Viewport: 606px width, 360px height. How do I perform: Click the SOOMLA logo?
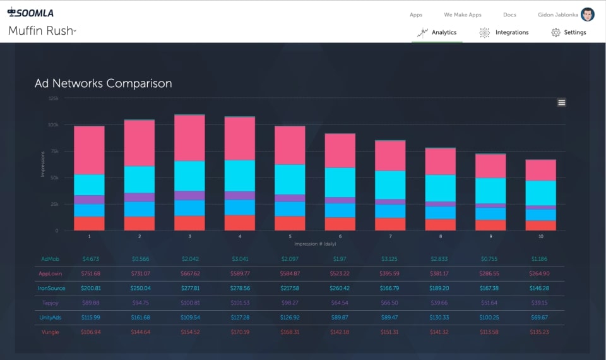[30, 11]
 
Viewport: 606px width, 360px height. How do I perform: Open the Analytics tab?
[437, 32]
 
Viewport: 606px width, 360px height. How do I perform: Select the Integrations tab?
[504, 32]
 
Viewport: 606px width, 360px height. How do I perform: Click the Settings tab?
[569, 32]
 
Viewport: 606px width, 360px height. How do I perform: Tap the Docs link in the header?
[509, 15]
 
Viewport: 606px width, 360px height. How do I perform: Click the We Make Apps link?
[462, 15]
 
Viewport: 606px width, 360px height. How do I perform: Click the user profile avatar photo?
[587, 15]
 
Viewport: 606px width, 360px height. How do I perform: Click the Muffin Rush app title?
[41, 31]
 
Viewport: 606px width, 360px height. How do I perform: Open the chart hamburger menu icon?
[562, 102]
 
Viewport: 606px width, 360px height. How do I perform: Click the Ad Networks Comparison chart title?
[103, 83]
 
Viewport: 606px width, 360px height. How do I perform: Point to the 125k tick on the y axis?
[53, 99]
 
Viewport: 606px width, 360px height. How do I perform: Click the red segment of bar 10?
[541, 225]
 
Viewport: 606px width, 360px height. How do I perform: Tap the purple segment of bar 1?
[89, 200]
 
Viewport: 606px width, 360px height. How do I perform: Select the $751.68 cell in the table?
[90, 273]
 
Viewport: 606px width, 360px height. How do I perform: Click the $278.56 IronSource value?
[241, 288]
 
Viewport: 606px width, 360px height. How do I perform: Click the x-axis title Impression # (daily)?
[315, 243]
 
